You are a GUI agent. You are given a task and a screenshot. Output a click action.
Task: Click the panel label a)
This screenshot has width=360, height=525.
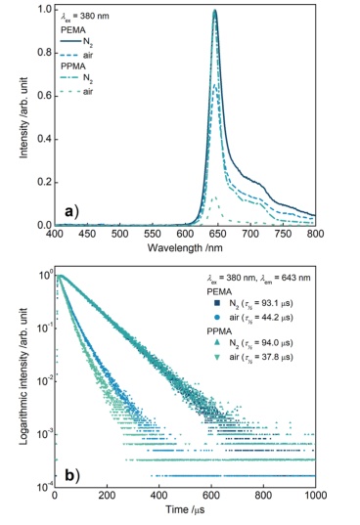pyautogui.click(x=72, y=211)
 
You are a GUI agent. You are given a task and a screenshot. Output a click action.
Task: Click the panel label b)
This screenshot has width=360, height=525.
pyautogui.click(x=72, y=475)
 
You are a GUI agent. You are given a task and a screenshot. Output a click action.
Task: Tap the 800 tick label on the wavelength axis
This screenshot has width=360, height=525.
pyautogui.click(x=315, y=234)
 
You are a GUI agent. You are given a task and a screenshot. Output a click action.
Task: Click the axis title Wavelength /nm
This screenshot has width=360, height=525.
pyautogui.click(x=185, y=247)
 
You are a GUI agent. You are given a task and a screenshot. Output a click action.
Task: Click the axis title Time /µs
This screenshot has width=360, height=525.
pyautogui.click(x=185, y=510)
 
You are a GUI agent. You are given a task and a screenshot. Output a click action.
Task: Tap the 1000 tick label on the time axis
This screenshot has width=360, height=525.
pyautogui.click(x=315, y=495)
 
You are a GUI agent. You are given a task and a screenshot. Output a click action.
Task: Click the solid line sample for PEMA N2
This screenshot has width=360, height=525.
pyautogui.click(x=70, y=42)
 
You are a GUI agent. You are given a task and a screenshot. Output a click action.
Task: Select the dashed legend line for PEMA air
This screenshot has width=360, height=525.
pyautogui.click(x=70, y=55)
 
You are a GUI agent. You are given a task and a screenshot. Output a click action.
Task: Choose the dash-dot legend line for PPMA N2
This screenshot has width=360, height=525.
pyautogui.click(x=70, y=78)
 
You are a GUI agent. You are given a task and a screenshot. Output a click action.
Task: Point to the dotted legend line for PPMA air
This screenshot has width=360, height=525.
pyautogui.click(x=70, y=91)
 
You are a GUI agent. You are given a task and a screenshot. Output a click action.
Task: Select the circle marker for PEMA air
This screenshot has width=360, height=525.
pyautogui.click(x=216, y=317)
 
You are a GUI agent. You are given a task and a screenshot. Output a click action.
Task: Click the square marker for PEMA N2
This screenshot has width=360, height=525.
pyautogui.click(x=216, y=303)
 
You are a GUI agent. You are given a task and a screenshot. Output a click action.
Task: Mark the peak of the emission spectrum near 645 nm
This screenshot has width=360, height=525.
pyautogui.click(x=215, y=11)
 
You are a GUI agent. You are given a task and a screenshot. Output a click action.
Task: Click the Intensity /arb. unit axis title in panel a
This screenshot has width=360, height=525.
pyautogui.click(x=23, y=118)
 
